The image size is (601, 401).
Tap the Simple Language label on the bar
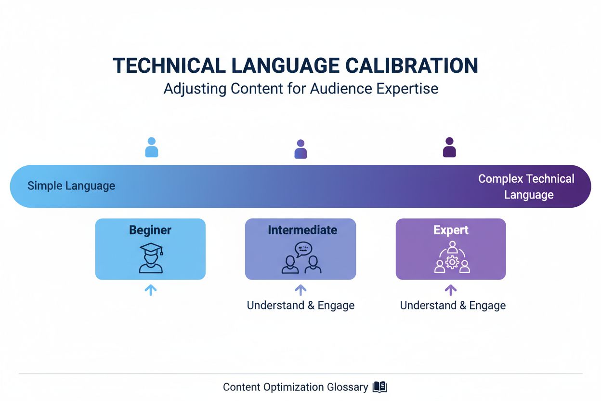(71, 186)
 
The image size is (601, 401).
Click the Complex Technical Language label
(527, 187)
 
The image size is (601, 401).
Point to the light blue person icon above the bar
(152, 147)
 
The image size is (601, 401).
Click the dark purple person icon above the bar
(449, 147)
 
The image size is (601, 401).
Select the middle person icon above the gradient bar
(300, 149)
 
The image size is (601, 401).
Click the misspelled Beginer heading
(150, 230)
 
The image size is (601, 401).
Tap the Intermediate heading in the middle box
(302, 230)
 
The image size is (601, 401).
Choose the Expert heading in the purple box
(451, 230)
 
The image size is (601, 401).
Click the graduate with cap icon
(151, 258)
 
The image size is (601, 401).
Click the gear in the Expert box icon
(452, 262)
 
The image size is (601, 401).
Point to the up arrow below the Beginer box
(151, 290)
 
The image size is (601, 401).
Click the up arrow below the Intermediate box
(300, 290)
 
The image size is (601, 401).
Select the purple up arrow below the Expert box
(451, 290)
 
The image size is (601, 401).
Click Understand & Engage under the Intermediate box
(300, 306)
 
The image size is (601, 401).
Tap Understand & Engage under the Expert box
(453, 306)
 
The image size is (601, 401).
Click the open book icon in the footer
(380, 387)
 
